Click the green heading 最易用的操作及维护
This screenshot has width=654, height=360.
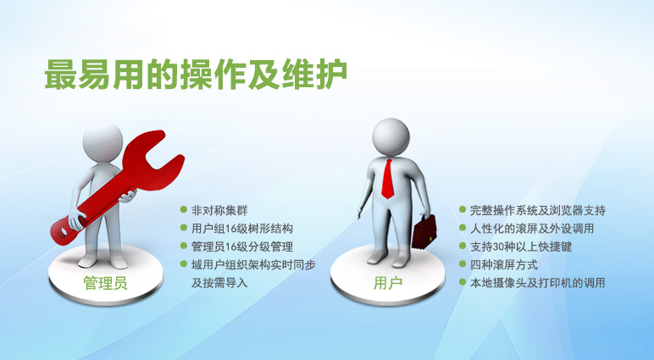pos(196,75)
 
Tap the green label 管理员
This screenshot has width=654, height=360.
pos(105,283)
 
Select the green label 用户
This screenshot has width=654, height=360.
pos(387,283)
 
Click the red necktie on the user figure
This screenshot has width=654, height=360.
pos(388,179)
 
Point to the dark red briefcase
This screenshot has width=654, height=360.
pos(424,232)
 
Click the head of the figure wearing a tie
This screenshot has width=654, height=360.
pos(391,137)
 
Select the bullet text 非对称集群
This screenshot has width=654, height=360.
pos(219,210)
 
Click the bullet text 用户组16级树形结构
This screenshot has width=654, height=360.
pos(242,229)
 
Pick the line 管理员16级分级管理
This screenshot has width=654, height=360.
pos(242,246)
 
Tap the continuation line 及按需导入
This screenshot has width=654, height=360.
pos(219,283)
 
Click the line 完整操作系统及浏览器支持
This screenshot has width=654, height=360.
pos(538,210)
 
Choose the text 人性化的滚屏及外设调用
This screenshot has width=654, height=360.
pos(532,229)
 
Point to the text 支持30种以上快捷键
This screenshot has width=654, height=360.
pos(521,246)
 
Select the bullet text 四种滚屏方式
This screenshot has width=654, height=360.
pos(504,265)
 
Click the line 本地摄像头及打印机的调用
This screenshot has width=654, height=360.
pos(538,283)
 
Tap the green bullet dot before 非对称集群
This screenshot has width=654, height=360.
pos(184,209)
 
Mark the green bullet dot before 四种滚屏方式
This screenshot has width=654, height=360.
pos(463,263)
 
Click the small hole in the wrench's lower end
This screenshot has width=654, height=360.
pos(64,231)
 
